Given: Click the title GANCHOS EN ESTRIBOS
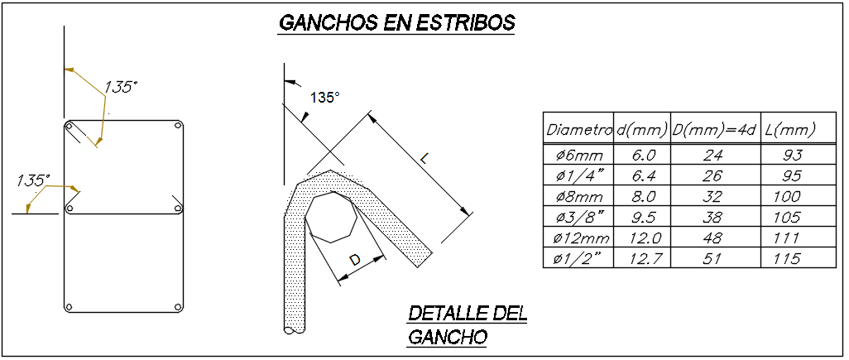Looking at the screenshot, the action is pos(396,22).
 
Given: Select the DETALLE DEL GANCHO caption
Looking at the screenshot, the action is pos(467,324).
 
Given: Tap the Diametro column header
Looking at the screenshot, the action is pos(578,130).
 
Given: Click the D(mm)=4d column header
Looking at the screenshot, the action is pos(714,130).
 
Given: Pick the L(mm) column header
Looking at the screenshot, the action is pos(790,130).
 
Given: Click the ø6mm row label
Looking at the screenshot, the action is pos(578,156).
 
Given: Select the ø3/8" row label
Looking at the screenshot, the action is pos(578,218).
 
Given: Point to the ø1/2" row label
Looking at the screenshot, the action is pos(578,259).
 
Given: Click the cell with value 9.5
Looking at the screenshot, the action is pos(644,218).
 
